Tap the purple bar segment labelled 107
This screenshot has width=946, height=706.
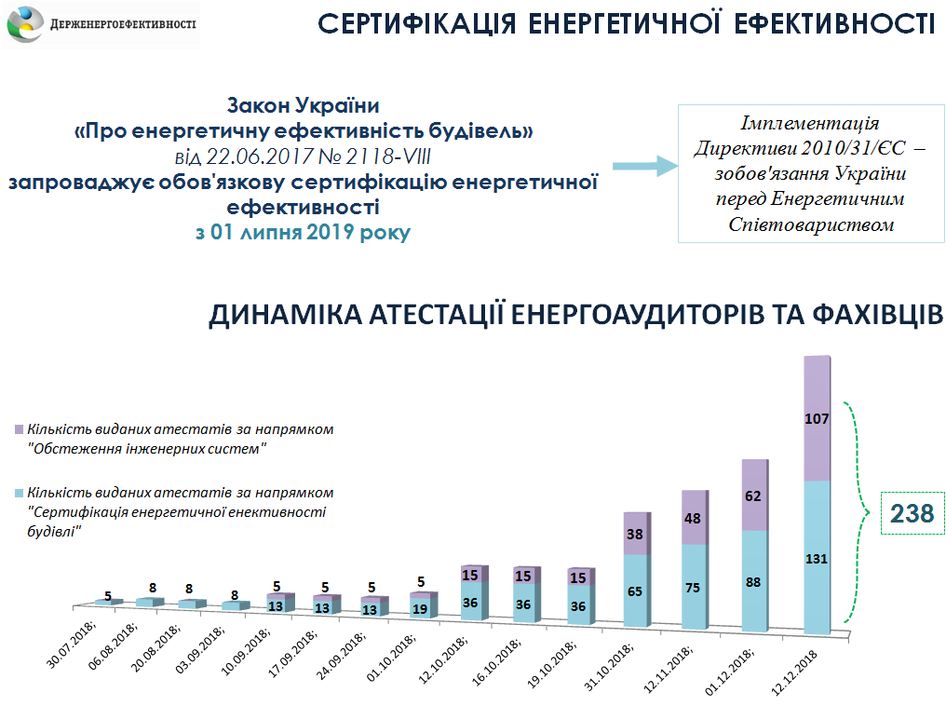coord(817,418)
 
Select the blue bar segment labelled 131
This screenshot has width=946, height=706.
coord(817,558)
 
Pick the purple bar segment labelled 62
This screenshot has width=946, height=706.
coord(754,496)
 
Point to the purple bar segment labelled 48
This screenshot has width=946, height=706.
coord(695,518)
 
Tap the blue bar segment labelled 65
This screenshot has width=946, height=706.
coord(636,591)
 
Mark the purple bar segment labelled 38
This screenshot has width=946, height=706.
coord(636,535)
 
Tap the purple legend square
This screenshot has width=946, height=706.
coord(20,430)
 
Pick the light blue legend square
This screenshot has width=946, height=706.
coord(20,492)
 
